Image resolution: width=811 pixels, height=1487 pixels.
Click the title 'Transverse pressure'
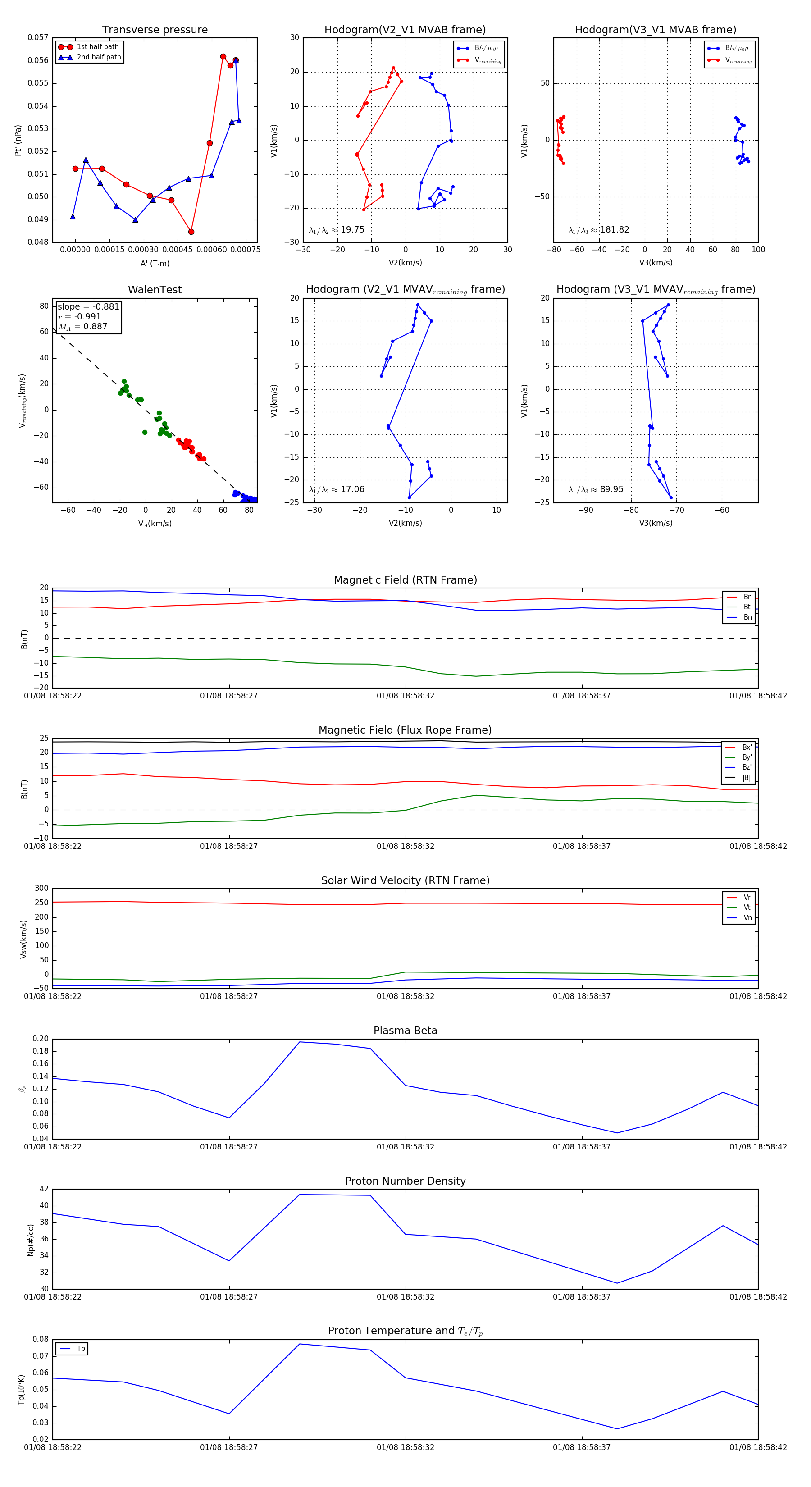coord(155,30)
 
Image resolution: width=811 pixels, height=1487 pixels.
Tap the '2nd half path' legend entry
coord(99,57)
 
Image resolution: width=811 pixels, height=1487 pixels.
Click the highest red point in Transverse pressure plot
coord(223,57)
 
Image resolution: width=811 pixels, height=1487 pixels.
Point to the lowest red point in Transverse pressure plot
coord(191,232)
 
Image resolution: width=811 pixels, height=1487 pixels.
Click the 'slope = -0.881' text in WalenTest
coord(88,306)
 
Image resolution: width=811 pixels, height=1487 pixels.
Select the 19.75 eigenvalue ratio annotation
coord(337,230)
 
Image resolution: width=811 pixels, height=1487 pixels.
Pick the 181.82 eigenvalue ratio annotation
coord(599,230)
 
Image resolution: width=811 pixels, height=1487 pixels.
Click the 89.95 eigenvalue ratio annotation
coord(596,489)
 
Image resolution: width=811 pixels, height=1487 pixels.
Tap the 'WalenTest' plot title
coord(155,290)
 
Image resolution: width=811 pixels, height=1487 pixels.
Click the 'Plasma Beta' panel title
coord(405,1031)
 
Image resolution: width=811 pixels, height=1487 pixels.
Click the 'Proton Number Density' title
coord(405,1181)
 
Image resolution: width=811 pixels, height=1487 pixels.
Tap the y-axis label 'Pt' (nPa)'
coord(18,140)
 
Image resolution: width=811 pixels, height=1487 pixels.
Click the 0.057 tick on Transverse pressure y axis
coord(38,37)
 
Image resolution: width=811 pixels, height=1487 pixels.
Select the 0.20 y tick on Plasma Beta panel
coord(41,1039)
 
